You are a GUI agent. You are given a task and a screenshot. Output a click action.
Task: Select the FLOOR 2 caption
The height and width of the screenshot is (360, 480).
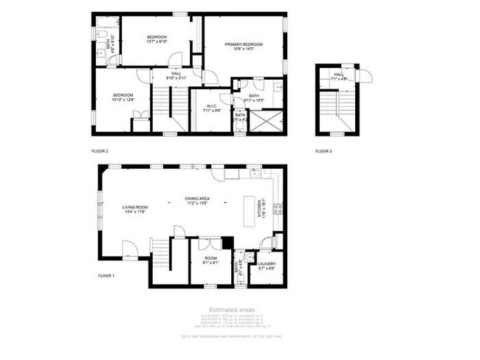click(100, 151)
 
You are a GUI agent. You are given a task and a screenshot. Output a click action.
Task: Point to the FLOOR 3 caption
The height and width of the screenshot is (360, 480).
click(323, 151)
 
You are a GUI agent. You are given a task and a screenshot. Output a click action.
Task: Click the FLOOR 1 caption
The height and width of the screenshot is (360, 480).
click(106, 275)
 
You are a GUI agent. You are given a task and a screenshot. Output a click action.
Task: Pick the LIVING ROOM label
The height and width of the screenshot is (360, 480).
click(136, 207)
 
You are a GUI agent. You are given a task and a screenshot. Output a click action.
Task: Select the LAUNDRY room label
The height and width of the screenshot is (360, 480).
click(267, 263)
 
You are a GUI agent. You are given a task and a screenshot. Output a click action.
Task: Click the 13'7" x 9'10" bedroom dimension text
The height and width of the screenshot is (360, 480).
click(157, 42)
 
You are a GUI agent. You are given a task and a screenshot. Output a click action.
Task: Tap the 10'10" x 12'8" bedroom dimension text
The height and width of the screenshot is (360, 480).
click(123, 100)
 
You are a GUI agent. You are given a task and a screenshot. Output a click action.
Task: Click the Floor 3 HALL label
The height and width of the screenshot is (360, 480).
click(339, 74)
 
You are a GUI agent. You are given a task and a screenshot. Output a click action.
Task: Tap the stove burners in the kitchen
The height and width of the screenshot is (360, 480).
click(278, 210)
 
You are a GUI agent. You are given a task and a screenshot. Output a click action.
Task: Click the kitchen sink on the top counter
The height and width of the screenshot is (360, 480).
click(253, 173)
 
